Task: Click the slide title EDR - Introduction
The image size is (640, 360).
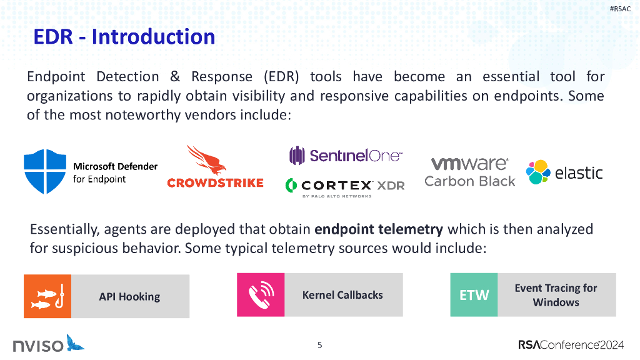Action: point(124,37)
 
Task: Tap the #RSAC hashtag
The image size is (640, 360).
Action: point(620,9)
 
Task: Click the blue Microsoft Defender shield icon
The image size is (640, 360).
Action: point(44,172)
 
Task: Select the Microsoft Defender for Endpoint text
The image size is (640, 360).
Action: point(115,172)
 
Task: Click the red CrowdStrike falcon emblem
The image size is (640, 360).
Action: point(206,160)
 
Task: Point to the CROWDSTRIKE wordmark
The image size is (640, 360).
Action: point(215,182)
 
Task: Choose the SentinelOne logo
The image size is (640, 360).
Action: point(346,155)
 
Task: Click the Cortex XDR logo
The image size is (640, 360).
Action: point(345,186)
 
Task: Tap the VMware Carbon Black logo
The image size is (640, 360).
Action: point(470,172)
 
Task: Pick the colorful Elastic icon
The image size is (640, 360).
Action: point(537,172)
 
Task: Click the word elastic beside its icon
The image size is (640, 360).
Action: point(579,172)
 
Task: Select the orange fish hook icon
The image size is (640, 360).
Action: point(47,296)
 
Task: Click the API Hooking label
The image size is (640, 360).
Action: point(129,297)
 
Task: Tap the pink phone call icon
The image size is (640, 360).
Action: point(261,295)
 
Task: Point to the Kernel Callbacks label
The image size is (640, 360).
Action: point(342,295)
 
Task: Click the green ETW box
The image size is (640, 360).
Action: point(474,295)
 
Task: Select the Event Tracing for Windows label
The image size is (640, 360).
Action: point(556,295)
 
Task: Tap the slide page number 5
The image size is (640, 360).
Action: point(320,345)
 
